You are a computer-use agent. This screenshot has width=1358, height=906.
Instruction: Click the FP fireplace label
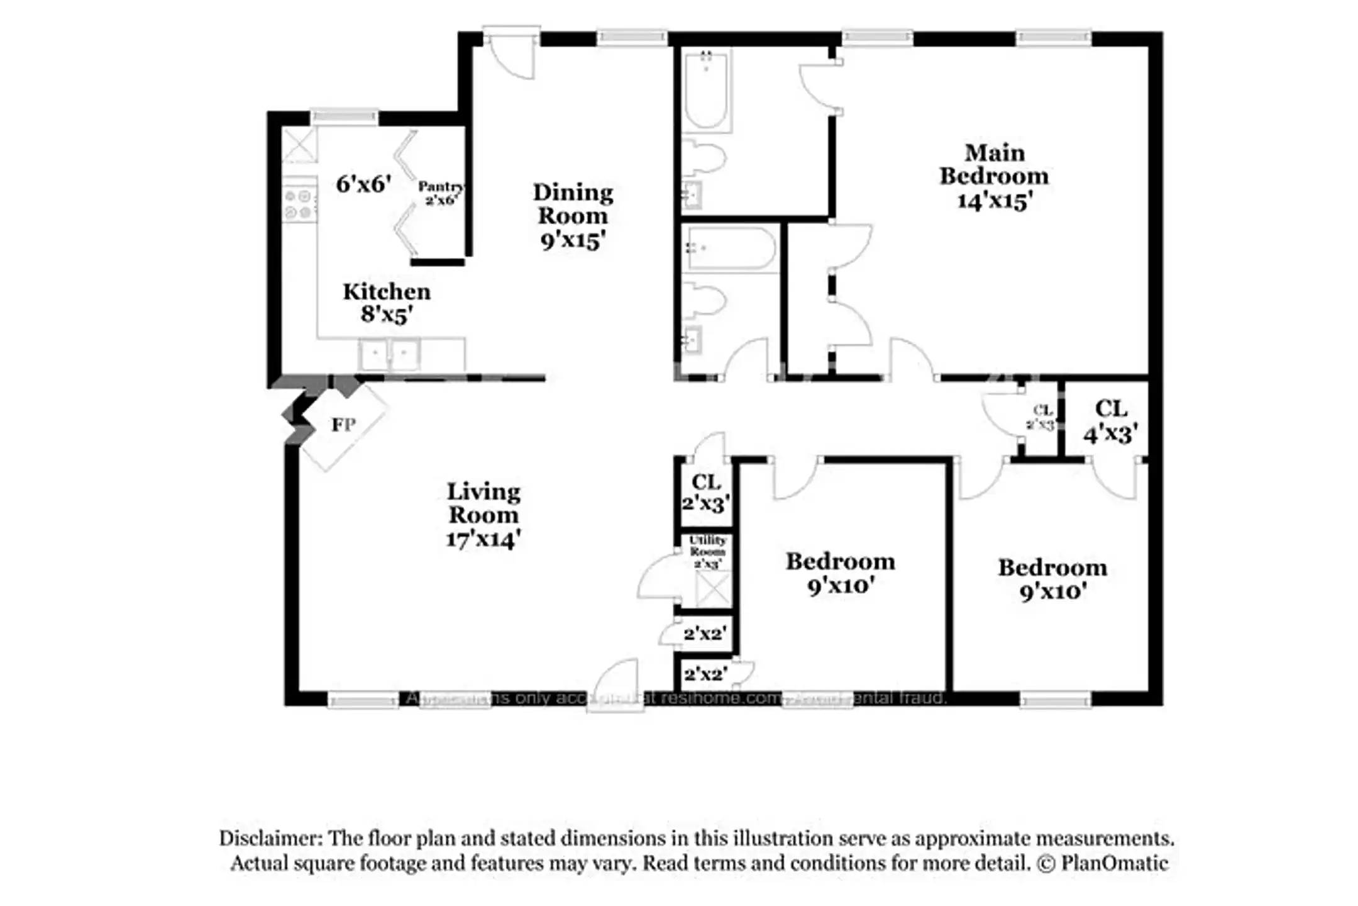tap(343, 425)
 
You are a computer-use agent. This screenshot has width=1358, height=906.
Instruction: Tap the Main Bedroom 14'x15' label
tap(994, 176)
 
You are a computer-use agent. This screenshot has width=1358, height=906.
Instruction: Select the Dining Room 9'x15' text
tap(573, 216)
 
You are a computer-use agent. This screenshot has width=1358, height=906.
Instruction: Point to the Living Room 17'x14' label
tap(483, 515)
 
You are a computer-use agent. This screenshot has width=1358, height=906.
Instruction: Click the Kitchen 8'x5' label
tap(387, 303)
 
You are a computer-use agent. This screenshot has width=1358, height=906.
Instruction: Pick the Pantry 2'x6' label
tap(441, 193)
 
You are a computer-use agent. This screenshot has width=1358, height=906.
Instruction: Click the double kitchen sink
tap(390, 355)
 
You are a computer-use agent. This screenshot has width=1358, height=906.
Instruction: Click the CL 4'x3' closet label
tap(1110, 421)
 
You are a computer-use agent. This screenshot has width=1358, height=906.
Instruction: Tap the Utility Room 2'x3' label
tap(707, 552)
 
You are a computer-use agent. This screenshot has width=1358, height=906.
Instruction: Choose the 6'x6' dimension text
tap(363, 184)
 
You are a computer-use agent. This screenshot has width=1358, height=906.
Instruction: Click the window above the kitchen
tap(345, 117)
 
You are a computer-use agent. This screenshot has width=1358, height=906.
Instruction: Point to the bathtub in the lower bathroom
tap(730, 249)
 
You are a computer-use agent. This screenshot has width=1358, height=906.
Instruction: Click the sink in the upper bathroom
tap(692, 195)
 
